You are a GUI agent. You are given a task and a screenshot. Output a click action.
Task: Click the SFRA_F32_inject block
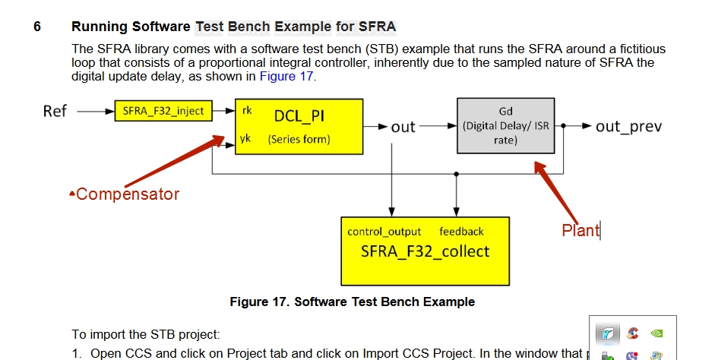163,111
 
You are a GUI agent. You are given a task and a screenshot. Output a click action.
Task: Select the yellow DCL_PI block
299,126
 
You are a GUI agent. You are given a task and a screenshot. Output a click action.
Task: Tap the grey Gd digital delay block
505,126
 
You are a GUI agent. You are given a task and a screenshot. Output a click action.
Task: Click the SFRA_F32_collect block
425,250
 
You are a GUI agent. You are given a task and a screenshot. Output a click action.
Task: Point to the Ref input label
55,111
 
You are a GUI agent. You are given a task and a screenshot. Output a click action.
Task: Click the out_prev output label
628,126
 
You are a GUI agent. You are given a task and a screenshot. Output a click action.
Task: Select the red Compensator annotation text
127,194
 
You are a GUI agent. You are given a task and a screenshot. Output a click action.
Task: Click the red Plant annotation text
580,231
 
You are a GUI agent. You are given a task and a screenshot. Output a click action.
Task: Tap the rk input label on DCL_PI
247,111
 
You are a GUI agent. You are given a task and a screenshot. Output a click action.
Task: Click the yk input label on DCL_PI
246,139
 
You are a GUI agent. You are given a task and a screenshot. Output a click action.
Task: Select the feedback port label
461,232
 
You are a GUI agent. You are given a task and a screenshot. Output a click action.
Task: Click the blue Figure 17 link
286,76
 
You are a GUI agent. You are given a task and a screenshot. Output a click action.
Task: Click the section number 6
36,27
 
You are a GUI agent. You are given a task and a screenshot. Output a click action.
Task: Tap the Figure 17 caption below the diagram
352,302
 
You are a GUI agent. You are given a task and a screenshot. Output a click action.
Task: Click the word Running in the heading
100,27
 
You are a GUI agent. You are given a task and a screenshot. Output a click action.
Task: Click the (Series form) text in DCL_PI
299,140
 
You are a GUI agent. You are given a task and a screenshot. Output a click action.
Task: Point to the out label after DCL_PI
403,127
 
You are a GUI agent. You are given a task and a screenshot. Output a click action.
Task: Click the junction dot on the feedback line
456,174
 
